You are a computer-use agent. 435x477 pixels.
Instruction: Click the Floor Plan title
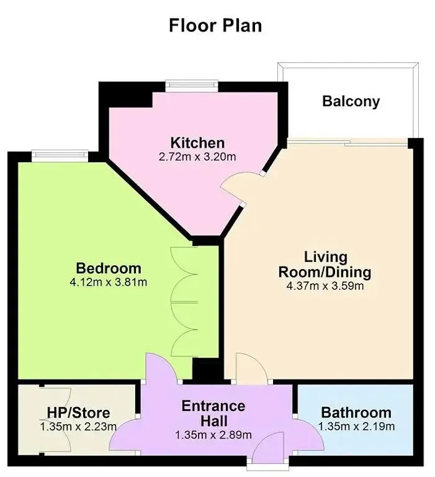215,25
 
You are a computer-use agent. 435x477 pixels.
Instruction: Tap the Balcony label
351,101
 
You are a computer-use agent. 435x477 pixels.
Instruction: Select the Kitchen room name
198,143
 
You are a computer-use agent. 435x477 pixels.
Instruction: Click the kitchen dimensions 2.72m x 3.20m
198,157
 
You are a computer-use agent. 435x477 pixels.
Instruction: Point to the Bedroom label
109,268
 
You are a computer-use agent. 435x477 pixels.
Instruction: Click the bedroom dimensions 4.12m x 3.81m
109,283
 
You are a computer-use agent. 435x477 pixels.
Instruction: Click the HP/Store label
79,412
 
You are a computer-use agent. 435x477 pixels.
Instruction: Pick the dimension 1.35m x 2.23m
79,427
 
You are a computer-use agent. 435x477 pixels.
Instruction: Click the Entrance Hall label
213,414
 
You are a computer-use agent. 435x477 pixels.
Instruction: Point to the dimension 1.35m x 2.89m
213,435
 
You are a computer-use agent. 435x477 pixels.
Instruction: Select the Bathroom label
356,412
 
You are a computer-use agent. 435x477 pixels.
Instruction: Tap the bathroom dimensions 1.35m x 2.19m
356,427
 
